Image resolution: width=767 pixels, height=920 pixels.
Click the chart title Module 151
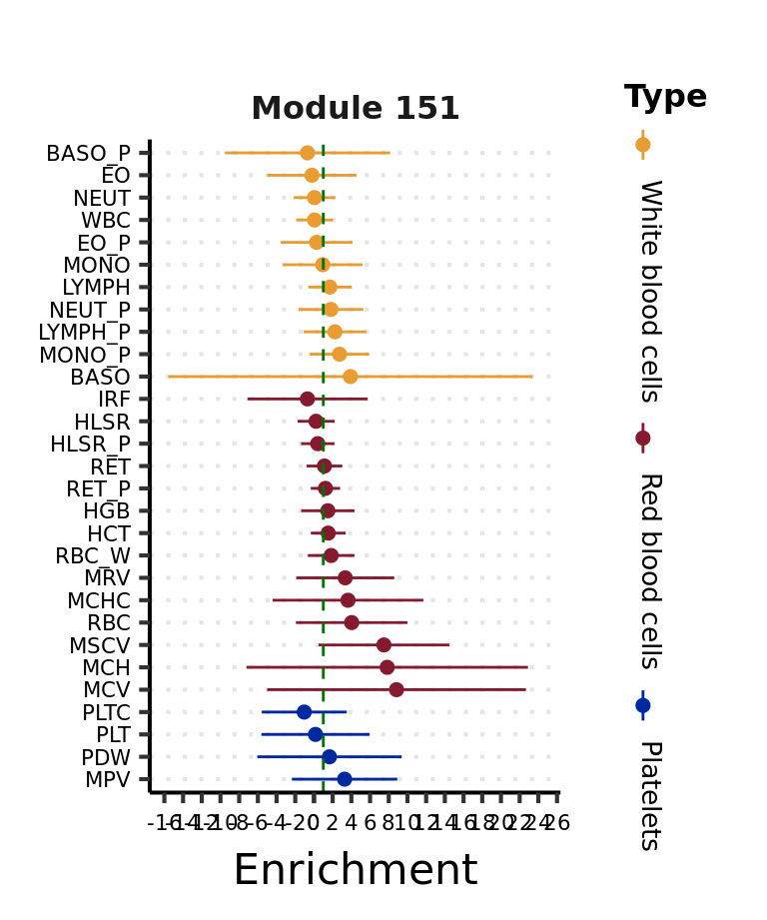[355, 108]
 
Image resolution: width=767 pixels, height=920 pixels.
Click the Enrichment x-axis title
[355, 870]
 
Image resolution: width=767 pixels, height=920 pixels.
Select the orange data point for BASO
[350, 377]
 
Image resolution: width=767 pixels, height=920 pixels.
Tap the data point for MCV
[396, 689]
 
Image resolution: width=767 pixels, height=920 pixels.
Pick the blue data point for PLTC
[304, 712]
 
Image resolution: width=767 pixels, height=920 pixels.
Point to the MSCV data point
[383, 644]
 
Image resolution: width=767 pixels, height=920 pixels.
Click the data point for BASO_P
[307, 153]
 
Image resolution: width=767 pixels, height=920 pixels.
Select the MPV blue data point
[344, 779]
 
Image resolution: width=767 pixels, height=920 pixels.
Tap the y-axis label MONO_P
[84, 355]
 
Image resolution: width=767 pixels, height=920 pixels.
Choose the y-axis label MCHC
[98, 600]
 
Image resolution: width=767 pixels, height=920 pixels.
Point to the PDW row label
[106, 757]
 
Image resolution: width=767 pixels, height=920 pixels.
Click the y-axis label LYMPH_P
[84, 332]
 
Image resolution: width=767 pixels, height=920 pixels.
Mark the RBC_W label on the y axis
[93, 555]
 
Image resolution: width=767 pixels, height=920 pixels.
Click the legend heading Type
[665, 97]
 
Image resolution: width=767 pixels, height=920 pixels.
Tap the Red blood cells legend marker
[642, 438]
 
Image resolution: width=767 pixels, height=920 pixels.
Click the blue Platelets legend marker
[642, 705]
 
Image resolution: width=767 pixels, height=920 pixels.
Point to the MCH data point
[386, 667]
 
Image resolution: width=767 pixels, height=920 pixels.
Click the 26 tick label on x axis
[558, 823]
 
